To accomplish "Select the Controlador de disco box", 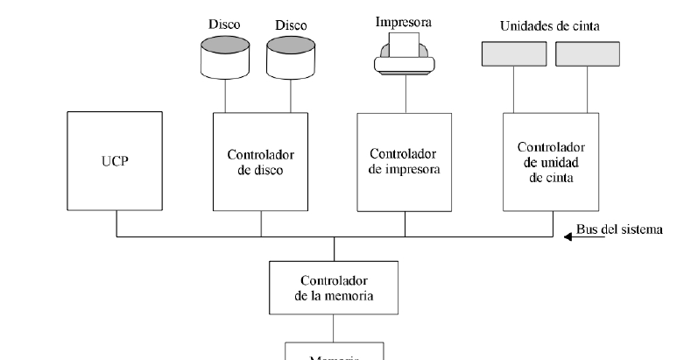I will (x=261, y=161).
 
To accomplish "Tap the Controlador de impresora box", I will (x=404, y=161).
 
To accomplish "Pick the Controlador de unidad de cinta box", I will (x=551, y=161).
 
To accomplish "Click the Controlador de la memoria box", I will (x=334, y=287).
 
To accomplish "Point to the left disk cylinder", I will (x=224, y=57).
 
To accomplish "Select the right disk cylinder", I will (x=291, y=57).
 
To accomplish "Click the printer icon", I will (x=404, y=53).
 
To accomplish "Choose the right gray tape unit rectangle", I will (x=587, y=54).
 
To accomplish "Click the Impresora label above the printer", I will (x=404, y=20).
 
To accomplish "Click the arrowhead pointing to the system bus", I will (x=568, y=236).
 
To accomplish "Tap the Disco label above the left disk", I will (x=223, y=25).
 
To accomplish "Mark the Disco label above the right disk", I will (x=291, y=25).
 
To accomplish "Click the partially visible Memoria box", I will (x=334, y=352).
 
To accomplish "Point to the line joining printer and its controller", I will (x=404, y=92).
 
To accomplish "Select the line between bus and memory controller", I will (x=334, y=249).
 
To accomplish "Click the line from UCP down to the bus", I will (x=116, y=223).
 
